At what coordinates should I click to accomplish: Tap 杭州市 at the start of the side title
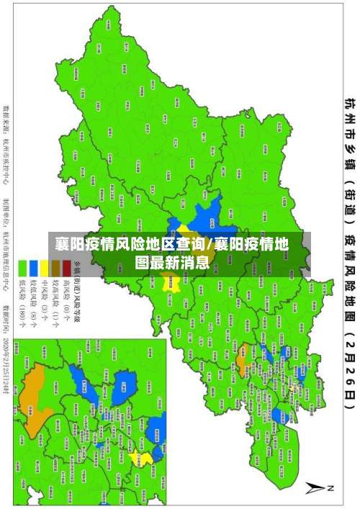click(x=348, y=119)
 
